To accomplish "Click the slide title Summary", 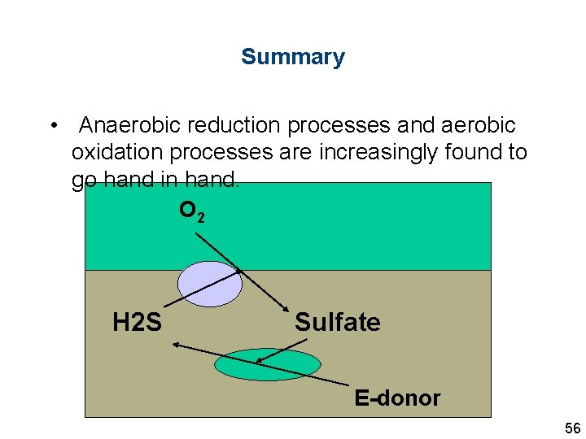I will (x=292, y=57).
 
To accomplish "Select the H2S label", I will (x=137, y=323).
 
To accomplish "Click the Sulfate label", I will (x=337, y=322).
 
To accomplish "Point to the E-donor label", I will (x=397, y=398).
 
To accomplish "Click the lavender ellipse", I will (x=210, y=284).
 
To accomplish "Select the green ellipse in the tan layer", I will (x=268, y=364).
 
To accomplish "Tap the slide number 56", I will (x=572, y=428).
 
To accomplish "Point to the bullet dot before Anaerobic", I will (x=53, y=126).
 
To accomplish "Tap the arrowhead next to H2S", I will (x=175, y=345).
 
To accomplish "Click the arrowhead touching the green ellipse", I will (x=258, y=361).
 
